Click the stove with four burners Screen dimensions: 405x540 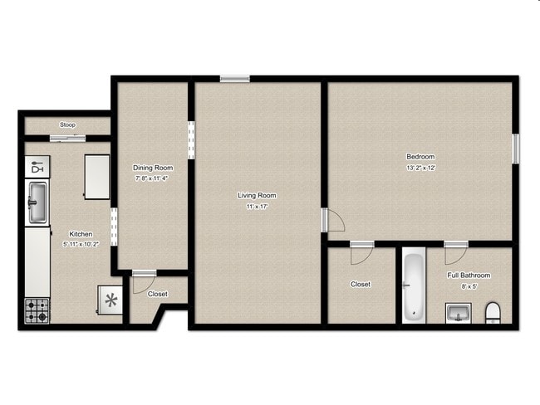click(x=37, y=311)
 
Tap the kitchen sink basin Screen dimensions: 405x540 click(x=37, y=202)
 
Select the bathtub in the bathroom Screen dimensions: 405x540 click(x=414, y=287)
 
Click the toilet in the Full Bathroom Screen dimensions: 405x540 click(x=492, y=313)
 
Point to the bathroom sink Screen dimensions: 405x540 click(x=456, y=314)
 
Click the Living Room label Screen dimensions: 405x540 click(x=257, y=196)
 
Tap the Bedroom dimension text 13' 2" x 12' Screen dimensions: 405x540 click(x=420, y=168)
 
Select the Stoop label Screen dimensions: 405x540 click(x=67, y=125)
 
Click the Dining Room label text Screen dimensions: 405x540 click(x=153, y=168)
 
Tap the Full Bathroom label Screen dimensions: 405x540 click(x=469, y=276)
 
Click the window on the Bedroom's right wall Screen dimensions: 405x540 click(x=515, y=147)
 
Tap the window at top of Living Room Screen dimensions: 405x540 click(x=234, y=79)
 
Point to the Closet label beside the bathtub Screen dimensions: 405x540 click(x=361, y=285)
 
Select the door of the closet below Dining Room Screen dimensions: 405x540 click(x=144, y=274)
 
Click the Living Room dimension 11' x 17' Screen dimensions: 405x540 click(x=257, y=207)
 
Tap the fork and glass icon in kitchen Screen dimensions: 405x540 click(x=37, y=168)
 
